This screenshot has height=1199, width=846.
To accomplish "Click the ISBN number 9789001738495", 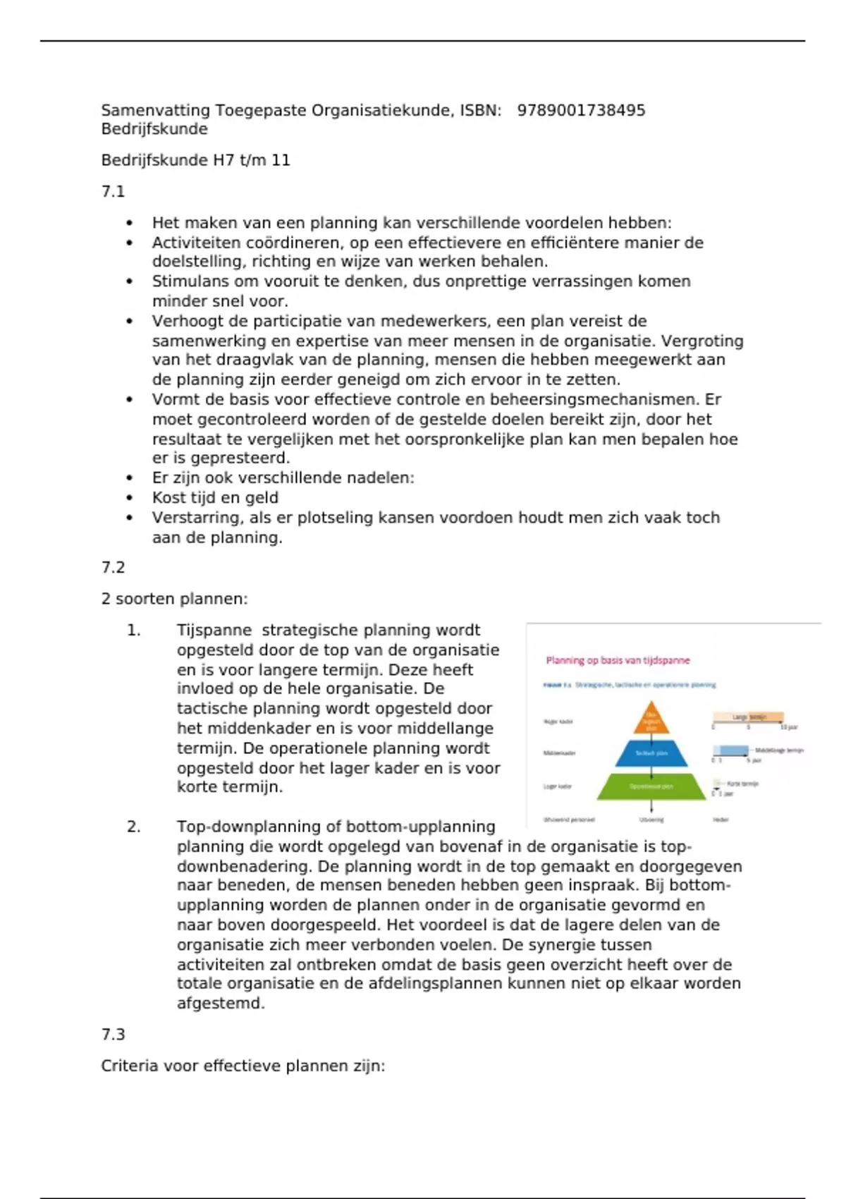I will (x=581, y=110).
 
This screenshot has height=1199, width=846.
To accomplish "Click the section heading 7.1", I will (x=113, y=191).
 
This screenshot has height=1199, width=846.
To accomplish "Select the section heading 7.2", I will (x=113, y=567).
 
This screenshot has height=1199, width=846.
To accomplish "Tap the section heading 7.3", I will (x=113, y=1034).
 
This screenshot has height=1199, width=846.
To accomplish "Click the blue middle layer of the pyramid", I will (x=651, y=753).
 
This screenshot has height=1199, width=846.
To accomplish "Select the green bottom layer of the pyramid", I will (x=651, y=786).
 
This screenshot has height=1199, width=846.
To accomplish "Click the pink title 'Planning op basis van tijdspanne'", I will (x=618, y=660).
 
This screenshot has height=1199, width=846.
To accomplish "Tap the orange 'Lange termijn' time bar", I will (x=748, y=717).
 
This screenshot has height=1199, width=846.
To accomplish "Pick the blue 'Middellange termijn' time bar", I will (x=730, y=750).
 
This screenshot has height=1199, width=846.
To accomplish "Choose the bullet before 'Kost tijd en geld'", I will (x=130, y=498).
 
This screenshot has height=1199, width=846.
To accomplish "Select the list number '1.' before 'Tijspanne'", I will (x=134, y=630).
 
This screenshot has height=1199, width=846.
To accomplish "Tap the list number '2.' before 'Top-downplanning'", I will (x=134, y=826).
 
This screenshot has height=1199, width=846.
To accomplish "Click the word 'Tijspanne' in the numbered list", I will (x=214, y=630).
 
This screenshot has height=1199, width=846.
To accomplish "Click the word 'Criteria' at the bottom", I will (x=130, y=1065).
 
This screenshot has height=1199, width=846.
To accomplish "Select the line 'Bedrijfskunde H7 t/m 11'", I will (x=195, y=160).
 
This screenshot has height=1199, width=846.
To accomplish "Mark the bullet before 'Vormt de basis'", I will (x=130, y=399).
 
